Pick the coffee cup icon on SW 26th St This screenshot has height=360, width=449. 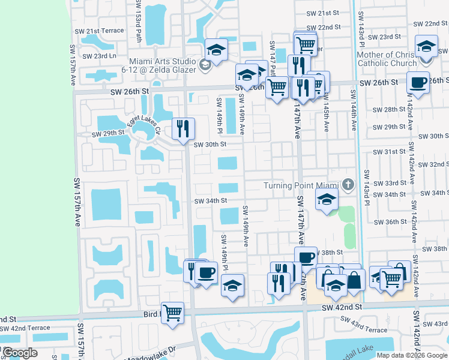(x=418, y=82)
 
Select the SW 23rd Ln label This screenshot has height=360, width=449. (x=100, y=56)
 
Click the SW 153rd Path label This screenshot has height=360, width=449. (x=139, y=22)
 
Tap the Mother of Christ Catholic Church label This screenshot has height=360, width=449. (x=387, y=59)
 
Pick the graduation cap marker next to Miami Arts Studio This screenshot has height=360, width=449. (x=217, y=49)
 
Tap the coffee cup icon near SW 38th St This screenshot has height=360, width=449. (x=306, y=257)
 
